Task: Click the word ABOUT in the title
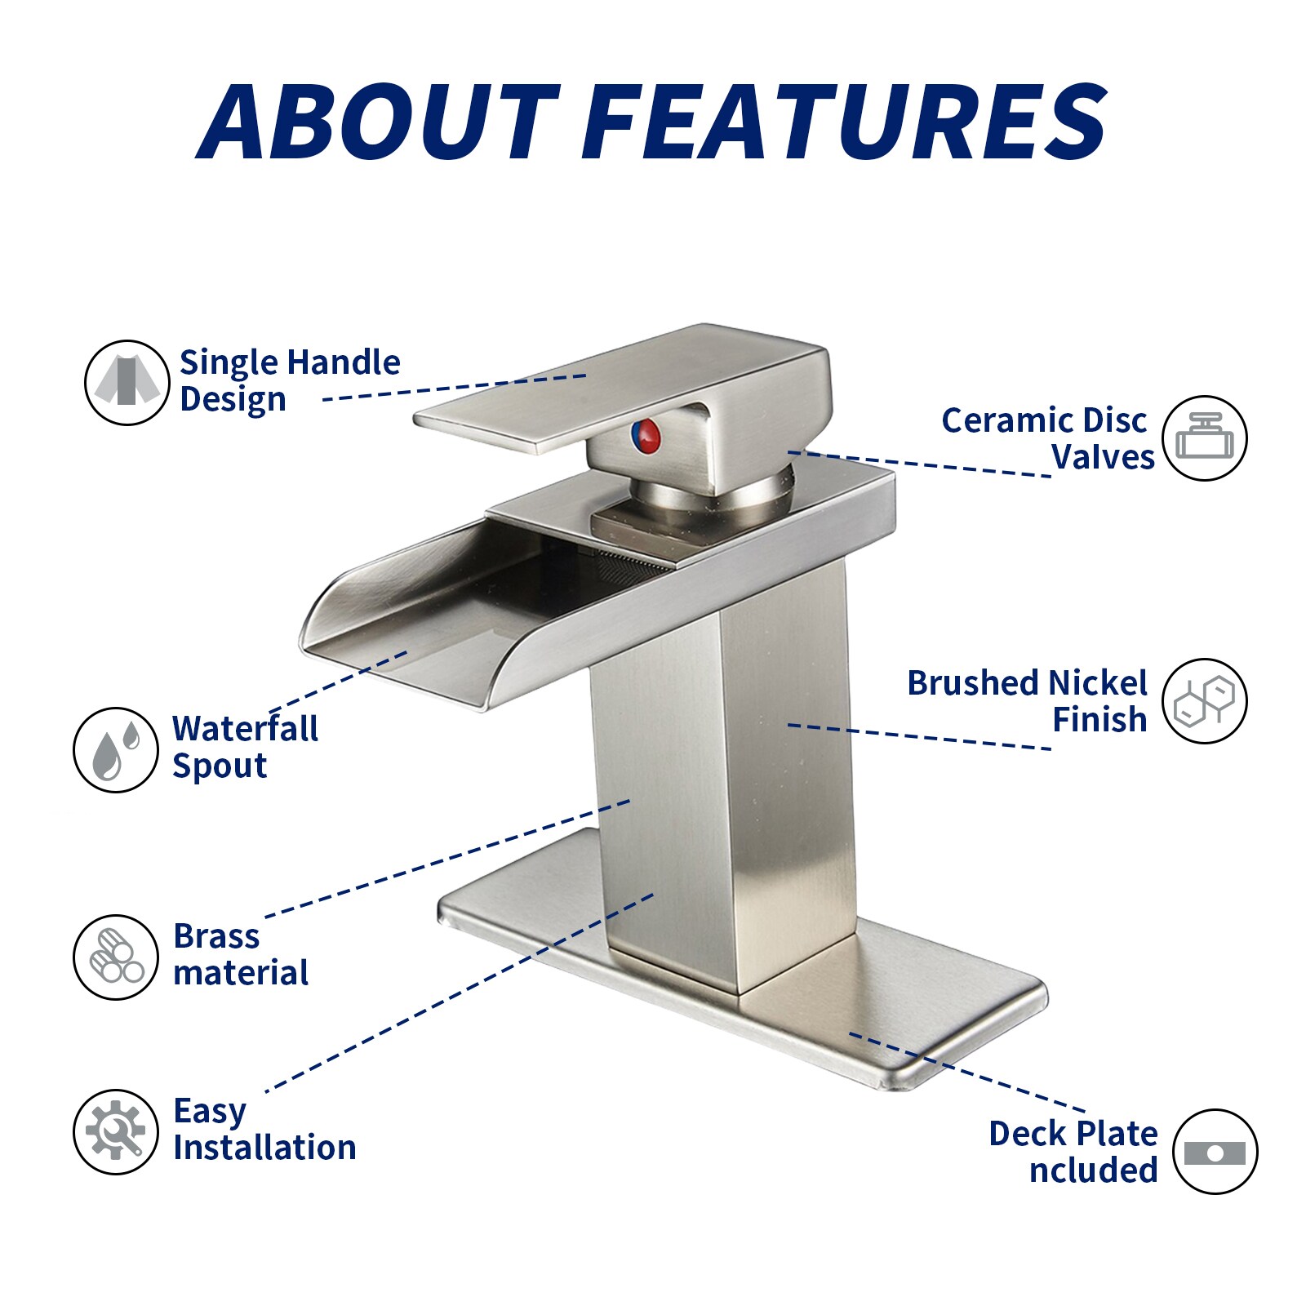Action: point(378,122)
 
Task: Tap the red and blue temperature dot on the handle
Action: point(646,436)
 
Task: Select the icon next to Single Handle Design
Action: point(127,382)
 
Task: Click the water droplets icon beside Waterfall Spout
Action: point(115,749)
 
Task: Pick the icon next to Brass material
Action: point(115,957)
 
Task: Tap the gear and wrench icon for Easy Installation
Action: point(115,1131)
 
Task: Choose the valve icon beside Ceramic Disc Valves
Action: point(1205,438)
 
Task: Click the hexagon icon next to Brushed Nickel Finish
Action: point(1205,700)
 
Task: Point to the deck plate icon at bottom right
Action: point(1215,1152)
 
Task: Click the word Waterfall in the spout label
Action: point(245,729)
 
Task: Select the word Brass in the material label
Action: point(216,936)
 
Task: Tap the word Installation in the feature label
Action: point(264,1147)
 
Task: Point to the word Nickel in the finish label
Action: point(1098,682)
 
